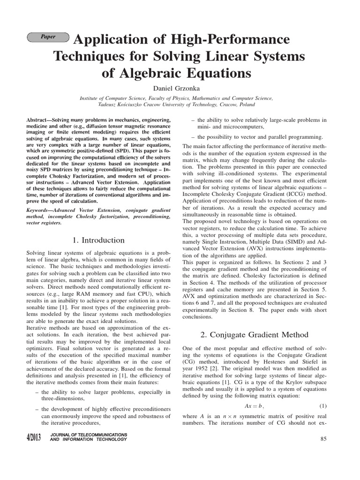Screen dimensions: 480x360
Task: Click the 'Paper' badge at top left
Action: (48, 37)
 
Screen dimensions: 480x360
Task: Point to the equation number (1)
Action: (323, 405)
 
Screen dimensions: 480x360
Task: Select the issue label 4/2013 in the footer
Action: (34, 438)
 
